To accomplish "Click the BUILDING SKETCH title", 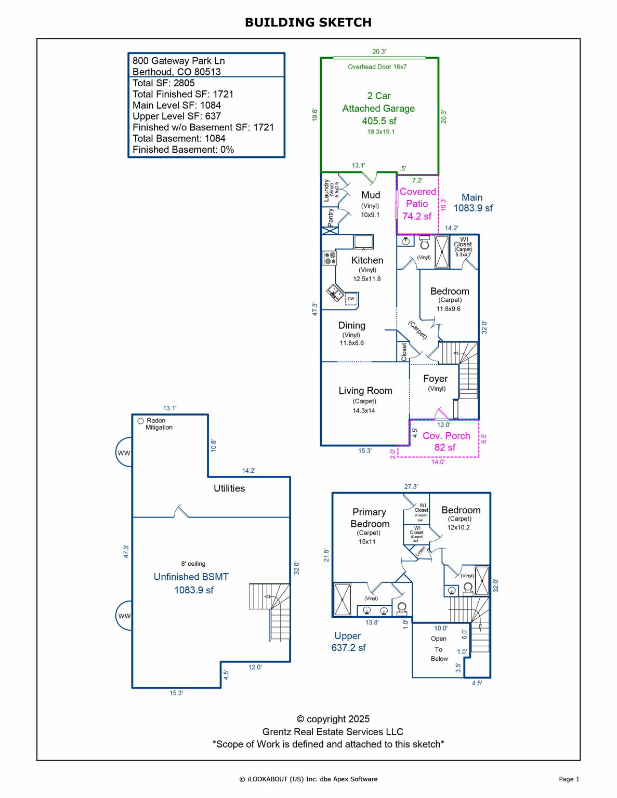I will tap(308, 22).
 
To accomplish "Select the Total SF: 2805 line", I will tap(164, 83).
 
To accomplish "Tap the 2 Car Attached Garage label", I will tap(378, 102).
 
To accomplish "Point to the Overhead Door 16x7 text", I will tap(377, 67).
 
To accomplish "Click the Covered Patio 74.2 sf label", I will tap(417, 204).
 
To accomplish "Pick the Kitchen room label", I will tap(367, 260).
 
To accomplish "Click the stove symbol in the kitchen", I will tap(330, 258).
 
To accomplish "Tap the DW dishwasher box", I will tap(351, 299).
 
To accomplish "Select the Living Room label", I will tap(365, 391).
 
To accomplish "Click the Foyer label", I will tap(435, 379).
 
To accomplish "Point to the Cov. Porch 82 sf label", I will tap(446, 441).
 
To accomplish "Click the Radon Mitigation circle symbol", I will tap(140, 421).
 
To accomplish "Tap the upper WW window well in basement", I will tap(124, 453).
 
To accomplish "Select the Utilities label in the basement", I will tap(229, 488).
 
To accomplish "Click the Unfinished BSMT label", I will tap(191, 577).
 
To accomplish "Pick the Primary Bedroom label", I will tap(370, 518).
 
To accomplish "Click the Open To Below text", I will tap(439, 648).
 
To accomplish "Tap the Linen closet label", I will tap(421, 551).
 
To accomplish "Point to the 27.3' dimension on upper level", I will tap(411, 487).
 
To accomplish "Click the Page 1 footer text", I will tap(569, 779).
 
